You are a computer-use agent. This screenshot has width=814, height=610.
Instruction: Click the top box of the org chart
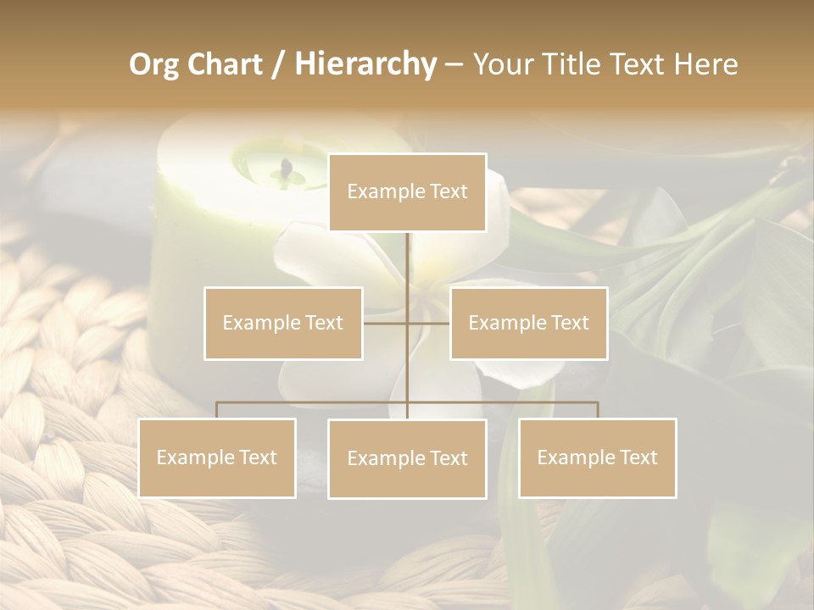pyautogui.click(x=407, y=192)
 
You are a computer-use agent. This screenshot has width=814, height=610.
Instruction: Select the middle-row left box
pyautogui.click(x=283, y=323)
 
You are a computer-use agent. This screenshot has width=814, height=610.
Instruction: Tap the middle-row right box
pyautogui.click(x=528, y=323)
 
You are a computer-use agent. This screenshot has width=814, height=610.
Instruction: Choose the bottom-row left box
pyautogui.click(x=217, y=457)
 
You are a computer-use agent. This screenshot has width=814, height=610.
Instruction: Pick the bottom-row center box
pyautogui.click(x=407, y=458)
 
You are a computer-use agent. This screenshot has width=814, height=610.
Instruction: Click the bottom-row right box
pyautogui.click(x=598, y=457)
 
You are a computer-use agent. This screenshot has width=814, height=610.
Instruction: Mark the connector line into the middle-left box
pyautogui.click(x=385, y=323)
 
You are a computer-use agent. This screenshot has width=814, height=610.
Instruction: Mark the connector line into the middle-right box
pyautogui.click(x=429, y=323)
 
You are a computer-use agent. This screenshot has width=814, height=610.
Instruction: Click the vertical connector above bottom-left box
pyautogui.click(x=217, y=410)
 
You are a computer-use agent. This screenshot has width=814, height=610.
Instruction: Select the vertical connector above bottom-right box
pyautogui.click(x=598, y=410)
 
